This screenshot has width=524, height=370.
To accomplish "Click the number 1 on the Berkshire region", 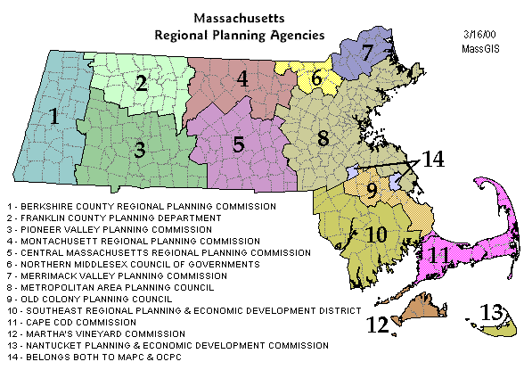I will [54, 116].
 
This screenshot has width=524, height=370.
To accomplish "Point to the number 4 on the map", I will [242, 78].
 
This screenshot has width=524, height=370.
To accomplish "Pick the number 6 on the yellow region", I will [316, 78].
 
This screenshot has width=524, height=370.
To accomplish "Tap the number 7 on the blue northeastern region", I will [367, 52].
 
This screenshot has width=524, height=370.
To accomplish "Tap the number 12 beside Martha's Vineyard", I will [379, 324].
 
